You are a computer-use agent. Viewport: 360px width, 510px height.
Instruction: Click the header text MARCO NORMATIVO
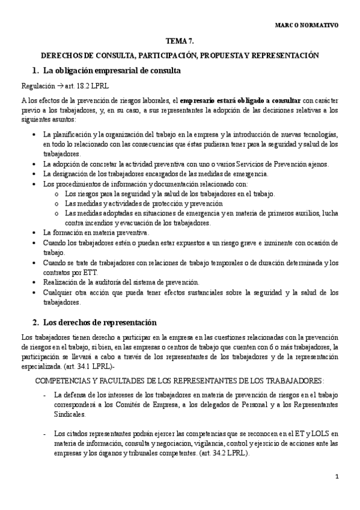click(307, 26)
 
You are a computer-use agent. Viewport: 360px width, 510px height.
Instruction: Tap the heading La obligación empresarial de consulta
click(112, 71)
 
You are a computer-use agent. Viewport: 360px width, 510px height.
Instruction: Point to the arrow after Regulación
click(52, 87)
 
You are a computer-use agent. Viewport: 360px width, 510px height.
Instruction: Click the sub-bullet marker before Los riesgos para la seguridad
click(56, 194)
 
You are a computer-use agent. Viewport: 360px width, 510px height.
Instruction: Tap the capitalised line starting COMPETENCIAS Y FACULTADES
click(180, 381)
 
